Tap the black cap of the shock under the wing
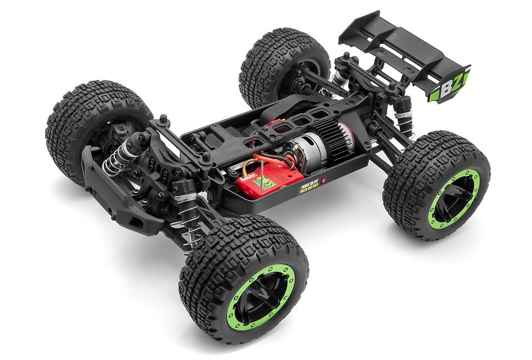403,103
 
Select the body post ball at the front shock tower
163,118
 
